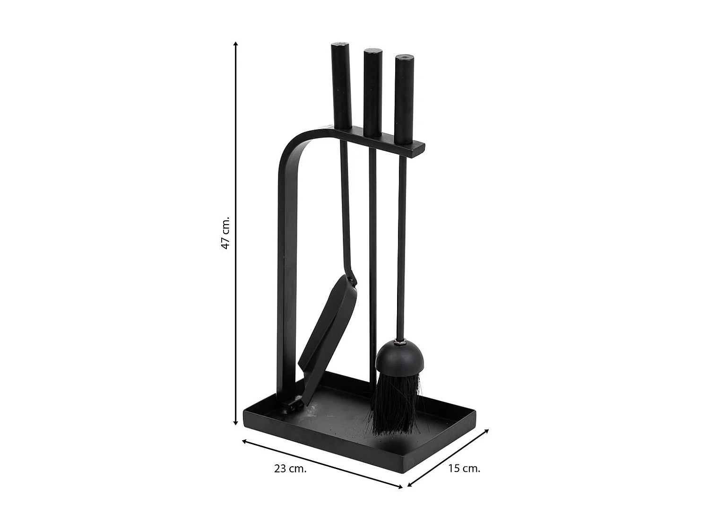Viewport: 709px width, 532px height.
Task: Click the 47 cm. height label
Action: (225, 233)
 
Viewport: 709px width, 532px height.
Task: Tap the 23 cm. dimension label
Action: (290, 469)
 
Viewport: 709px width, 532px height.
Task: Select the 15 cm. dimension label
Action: (464, 468)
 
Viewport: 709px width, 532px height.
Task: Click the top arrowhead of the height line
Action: (235, 44)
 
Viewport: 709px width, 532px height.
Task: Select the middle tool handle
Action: (372, 92)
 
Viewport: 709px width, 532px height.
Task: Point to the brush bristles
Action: (396, 402)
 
